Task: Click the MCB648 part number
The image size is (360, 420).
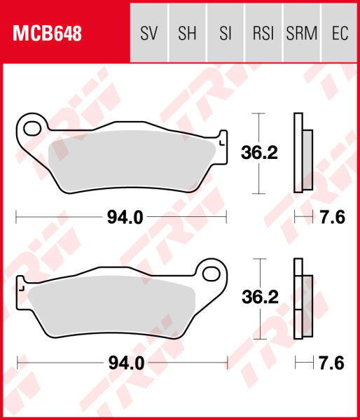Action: (x=46, y=33)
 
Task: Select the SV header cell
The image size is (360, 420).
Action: (x=148, y=33)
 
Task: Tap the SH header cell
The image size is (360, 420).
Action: (x=187, y=33)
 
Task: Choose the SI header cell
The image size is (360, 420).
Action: (x=226, y=33)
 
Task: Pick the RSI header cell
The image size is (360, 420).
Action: (x=263, y=33)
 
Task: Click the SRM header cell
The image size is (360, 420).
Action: (x=301, y=33)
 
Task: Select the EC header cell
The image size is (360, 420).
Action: (x=340, y=33)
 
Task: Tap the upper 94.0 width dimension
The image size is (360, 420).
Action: (x=125, y=218)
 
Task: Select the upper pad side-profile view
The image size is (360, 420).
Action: (x=303, y=153)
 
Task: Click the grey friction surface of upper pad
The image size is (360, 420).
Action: (x=130, y=161)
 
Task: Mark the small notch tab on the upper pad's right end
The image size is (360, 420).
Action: (x=223, y=139)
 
